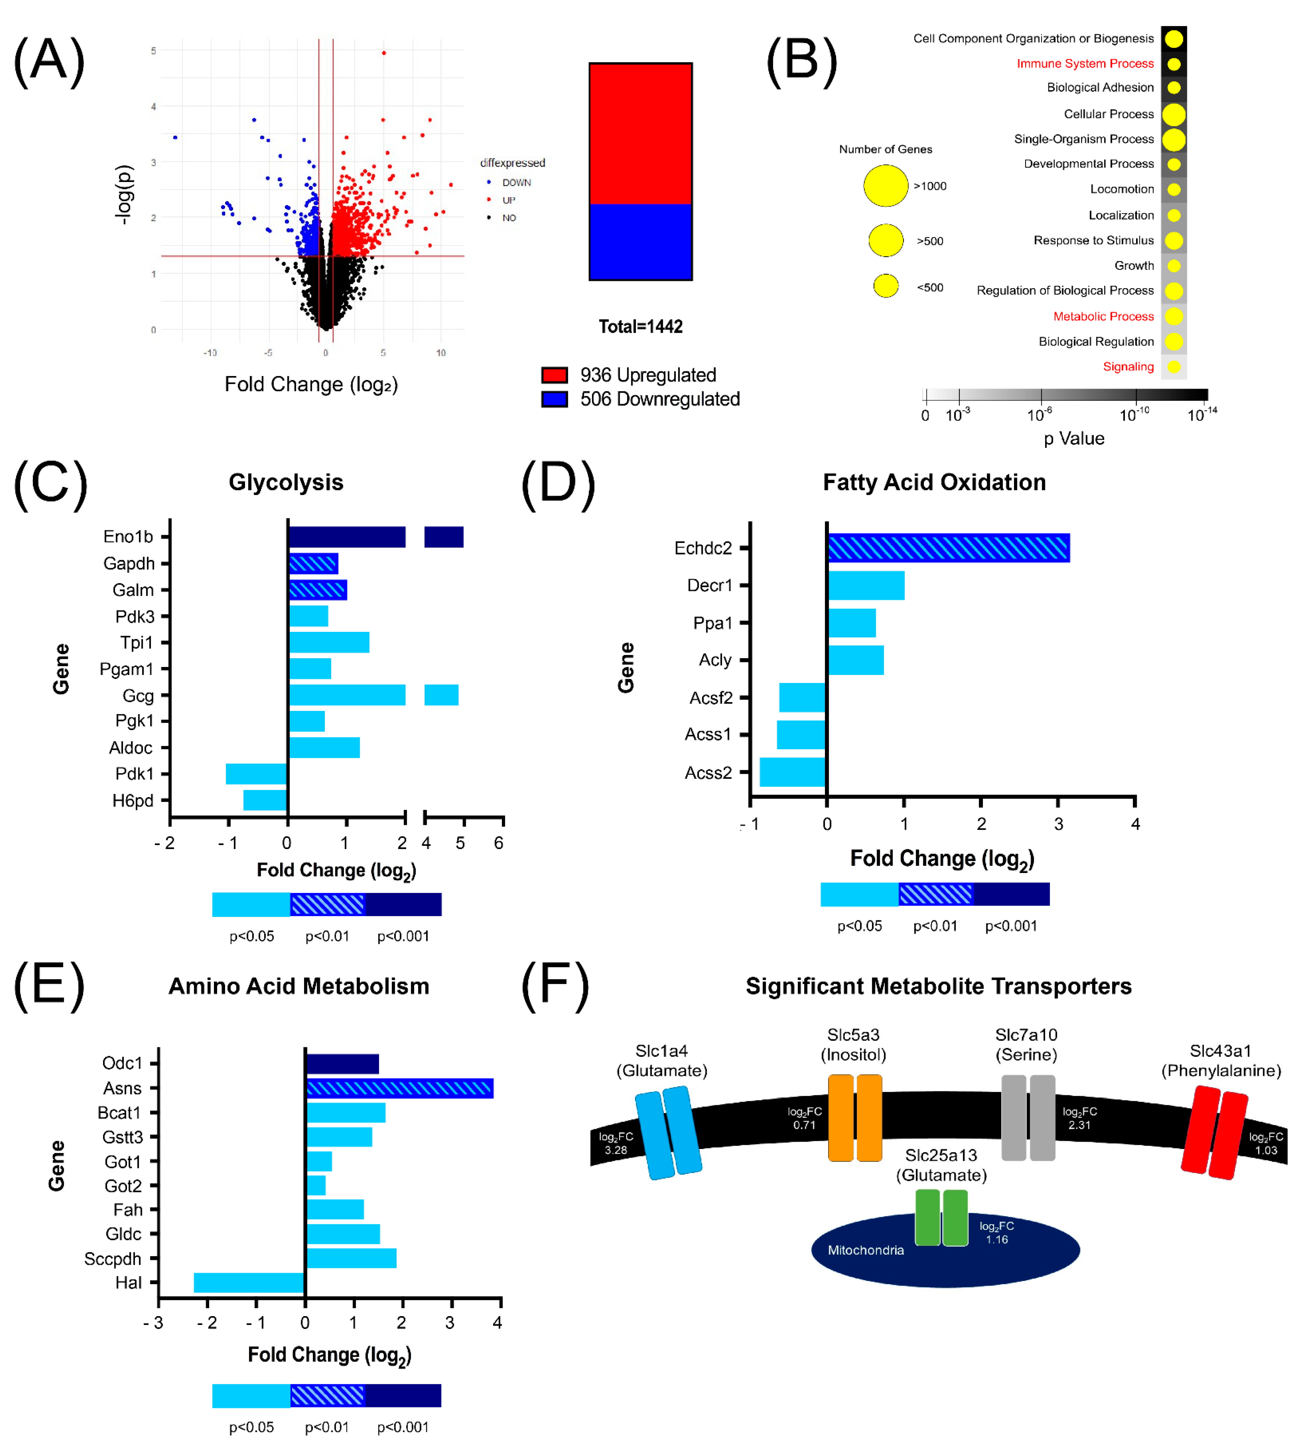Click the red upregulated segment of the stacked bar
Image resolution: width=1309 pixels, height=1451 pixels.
click(640, 134)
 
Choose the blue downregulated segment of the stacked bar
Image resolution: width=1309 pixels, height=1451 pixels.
click(640, 242)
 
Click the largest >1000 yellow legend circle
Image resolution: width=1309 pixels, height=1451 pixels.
click(885, 186)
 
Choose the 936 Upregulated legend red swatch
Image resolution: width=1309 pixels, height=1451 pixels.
click(555, 375)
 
